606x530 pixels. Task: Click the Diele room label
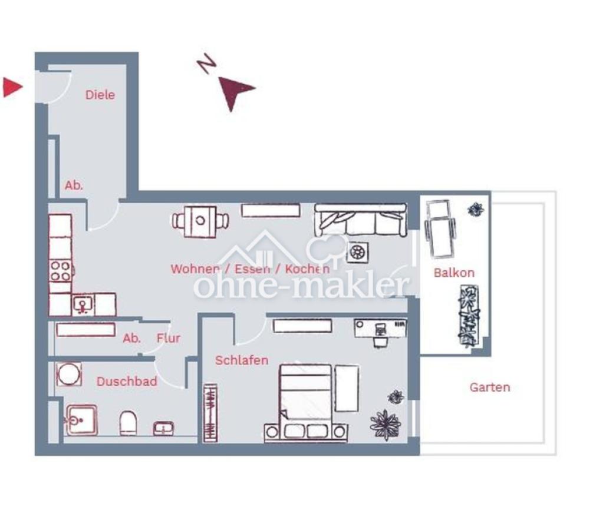tap(100, 95)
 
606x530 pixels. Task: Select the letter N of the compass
tap(207, 64)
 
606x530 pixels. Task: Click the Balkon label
tap(454, 273)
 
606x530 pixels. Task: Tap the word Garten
tap(490, 387)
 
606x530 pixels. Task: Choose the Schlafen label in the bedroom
tap(242, 360)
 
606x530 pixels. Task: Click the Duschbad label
tap(127, 382)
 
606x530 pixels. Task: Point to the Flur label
tap(169, 338)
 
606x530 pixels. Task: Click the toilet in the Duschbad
tap(129, 423)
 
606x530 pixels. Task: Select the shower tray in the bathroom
tap(81, 420)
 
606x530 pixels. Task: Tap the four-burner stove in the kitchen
tap(61, 271)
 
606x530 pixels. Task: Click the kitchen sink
tap(83, 304)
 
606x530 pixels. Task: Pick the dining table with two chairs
tap(200, 221)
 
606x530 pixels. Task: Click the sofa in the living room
tap(360, 220)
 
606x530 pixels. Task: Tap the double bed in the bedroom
tap(305, 403)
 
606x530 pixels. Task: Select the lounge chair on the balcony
tap(440, 228)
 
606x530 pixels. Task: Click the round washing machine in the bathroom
tap(69, 374)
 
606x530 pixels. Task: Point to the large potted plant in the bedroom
tap(385, 425)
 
